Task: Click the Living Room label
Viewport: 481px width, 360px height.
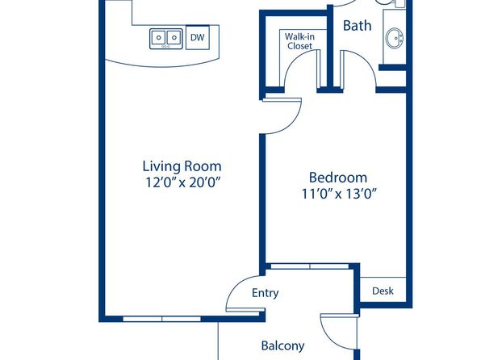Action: (x=182, y=166)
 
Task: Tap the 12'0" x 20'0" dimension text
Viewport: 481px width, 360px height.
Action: (x=183, y=183)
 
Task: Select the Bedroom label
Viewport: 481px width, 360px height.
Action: (x=337, y=178)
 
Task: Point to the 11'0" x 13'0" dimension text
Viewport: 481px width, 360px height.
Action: (x=339, y=194)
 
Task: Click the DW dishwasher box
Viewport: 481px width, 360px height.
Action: (x=198, y=37)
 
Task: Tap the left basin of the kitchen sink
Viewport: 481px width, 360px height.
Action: (x=158, y=38)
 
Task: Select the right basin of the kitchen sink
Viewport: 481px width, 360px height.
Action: (x=174, y=38)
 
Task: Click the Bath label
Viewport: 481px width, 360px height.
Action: (x=357, y=26)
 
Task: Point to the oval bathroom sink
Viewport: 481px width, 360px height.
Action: (x=394, y=39)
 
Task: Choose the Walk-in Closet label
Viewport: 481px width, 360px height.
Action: (x=299, y=41)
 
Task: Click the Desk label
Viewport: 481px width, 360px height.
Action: (x=383, y=291)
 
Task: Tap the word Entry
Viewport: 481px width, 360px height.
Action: (x=265, y=293)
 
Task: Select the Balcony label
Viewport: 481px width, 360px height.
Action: (x=282, y=346)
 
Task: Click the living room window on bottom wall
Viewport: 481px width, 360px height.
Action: (x=161, y=319)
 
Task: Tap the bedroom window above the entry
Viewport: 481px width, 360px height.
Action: (x=310, y=266)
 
